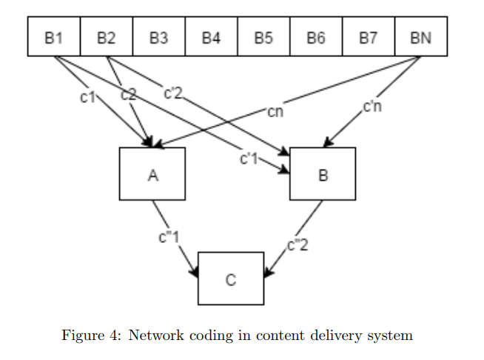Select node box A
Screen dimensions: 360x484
tap(152, 175)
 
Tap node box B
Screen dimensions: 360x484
tap(323, 175)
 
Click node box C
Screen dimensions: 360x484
tap(231, 279)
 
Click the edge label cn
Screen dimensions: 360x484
tap(275, 113)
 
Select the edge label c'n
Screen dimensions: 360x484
tap(372, 107)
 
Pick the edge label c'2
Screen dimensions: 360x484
tap(173, 93)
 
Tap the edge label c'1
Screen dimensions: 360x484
tap(249, 158)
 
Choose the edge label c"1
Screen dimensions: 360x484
tap(169, 239)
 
